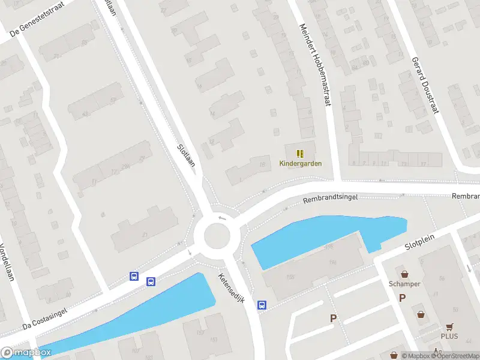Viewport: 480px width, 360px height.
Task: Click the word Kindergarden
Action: tap(301, 163)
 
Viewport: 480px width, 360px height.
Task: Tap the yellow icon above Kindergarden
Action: tap(301, 154)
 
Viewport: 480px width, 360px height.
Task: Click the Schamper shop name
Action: tap(404, 284)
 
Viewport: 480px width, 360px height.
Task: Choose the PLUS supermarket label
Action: tap(449, 336)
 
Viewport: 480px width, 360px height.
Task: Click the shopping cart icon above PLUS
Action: tap(450, 326)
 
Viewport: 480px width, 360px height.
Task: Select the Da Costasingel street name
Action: tap(43, 317)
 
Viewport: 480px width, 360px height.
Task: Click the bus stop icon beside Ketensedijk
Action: tap(262, 305)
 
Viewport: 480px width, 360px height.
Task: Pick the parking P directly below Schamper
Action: tap(403, 298)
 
